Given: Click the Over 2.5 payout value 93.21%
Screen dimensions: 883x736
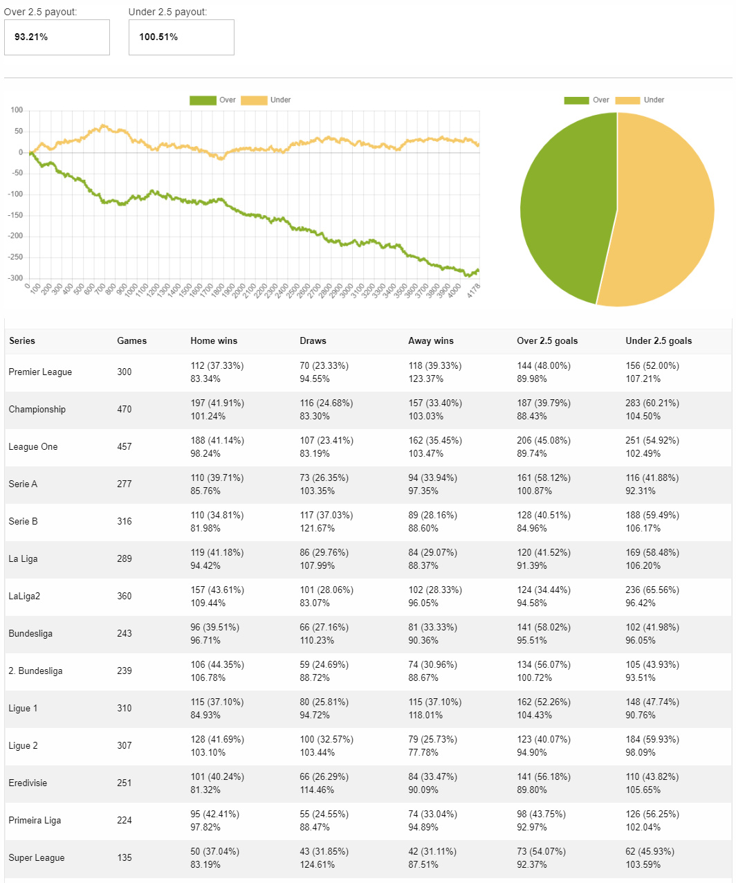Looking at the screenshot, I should coord(31,37).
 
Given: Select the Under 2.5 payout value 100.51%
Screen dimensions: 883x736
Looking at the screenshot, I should coord(158,37).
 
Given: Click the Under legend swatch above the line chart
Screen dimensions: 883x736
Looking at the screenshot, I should coord(253,100).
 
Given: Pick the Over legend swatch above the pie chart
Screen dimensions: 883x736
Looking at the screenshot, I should coord(576,100).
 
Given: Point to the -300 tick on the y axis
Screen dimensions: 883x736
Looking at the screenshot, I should coord(15,278).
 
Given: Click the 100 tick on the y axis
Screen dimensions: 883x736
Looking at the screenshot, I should coord(17,110).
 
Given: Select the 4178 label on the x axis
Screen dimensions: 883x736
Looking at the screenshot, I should coord(473,290).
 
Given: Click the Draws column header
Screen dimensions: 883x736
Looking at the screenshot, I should coord(313,341).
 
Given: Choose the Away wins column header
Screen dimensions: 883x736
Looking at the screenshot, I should coord(431,341).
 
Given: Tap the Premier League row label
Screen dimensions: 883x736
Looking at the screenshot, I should coord(40,372).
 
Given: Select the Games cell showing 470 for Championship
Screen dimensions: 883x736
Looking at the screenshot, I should coord(125,410).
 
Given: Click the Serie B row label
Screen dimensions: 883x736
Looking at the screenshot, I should coord(23,522).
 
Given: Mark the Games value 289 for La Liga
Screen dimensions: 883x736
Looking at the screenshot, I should coord(125,559).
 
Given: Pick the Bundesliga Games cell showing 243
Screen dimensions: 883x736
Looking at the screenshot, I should coord(125,634).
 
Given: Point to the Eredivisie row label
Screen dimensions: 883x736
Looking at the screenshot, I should coord(28,783).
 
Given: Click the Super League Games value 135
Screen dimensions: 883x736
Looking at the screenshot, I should coord(125,858).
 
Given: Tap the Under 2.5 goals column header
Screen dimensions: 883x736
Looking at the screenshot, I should coord(659,341).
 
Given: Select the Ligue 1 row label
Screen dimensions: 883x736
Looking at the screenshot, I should coord(23,709).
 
